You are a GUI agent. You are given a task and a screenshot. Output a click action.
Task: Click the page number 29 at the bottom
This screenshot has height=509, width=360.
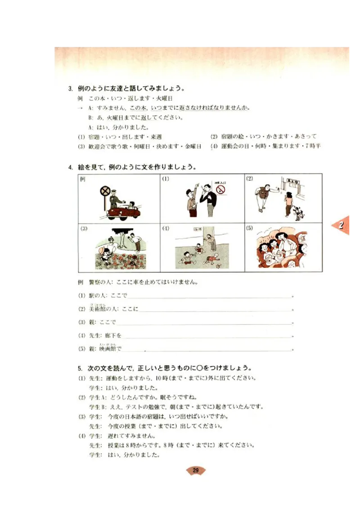pos(196,470)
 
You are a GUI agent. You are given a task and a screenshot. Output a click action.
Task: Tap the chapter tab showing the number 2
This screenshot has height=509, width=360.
pos(342,225)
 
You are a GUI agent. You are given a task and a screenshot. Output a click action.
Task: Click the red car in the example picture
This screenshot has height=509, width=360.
pos(123,211)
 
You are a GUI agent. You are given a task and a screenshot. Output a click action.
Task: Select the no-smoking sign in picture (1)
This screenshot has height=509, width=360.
pos(220,190)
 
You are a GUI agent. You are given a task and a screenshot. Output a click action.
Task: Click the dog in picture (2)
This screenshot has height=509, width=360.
pos(298,212)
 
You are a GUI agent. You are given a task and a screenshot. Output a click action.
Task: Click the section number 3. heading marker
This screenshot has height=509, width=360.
pos(71,88)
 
